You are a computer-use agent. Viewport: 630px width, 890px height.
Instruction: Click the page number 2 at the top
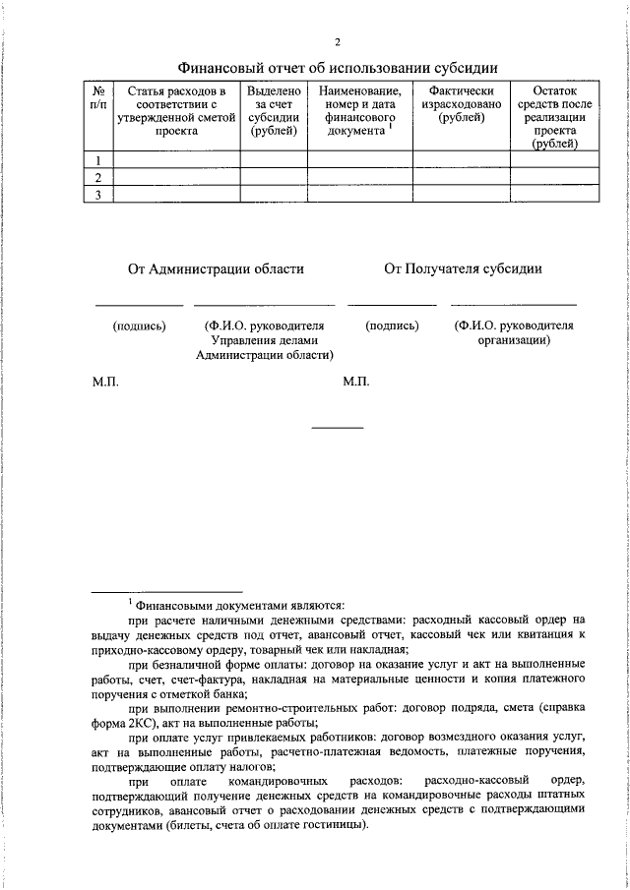[337, 41]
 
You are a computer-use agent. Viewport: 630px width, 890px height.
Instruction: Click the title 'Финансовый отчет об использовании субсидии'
[337, 68]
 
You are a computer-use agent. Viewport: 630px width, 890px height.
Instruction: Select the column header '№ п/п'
[97, 97]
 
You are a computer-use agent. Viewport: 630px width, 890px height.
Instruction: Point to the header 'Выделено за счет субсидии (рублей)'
[274, 110]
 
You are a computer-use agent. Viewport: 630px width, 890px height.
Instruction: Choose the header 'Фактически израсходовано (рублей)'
[461, 104]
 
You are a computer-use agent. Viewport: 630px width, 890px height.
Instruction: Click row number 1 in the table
[97, 160]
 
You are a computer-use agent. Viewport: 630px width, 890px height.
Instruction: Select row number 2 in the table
[97, 178]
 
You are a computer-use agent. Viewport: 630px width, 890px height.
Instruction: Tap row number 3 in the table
[97, 196]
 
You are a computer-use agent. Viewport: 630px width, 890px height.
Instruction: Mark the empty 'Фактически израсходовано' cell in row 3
[461, 196]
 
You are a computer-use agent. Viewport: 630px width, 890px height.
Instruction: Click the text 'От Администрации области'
[216, 268]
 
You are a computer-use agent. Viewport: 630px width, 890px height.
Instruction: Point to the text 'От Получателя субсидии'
[463, 268]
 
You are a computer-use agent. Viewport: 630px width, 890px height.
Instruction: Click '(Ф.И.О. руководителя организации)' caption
[513, 332]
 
